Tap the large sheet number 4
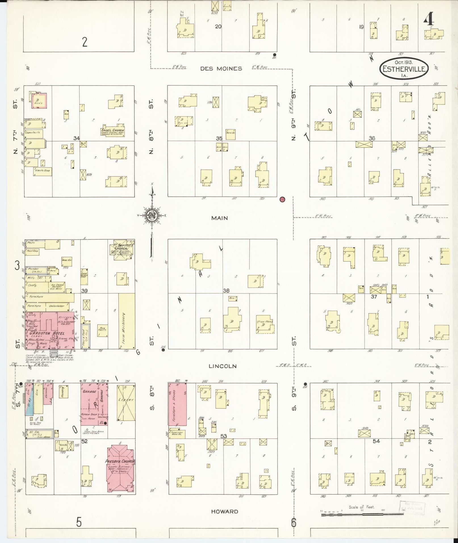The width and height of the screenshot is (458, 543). coord(429,20)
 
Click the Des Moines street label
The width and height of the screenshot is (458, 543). coord(221,69)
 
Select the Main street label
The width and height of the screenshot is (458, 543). coord(219,218)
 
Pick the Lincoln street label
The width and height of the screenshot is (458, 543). coord(223,366)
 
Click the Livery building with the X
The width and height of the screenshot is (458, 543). coord(126,403)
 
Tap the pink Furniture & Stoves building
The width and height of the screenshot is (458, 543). coord(178,404)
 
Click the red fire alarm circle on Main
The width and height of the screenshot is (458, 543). coord(282,199)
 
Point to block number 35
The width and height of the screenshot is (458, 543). coord(219,139)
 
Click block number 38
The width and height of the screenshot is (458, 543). coord(226,291)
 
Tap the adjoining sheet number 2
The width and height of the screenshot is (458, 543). coord(85,42)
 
